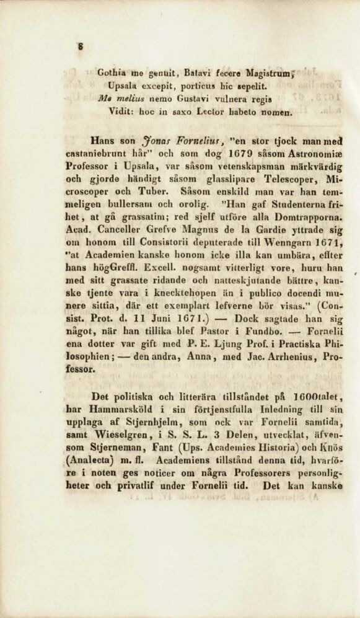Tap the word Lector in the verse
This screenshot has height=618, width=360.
pos(213,113)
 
